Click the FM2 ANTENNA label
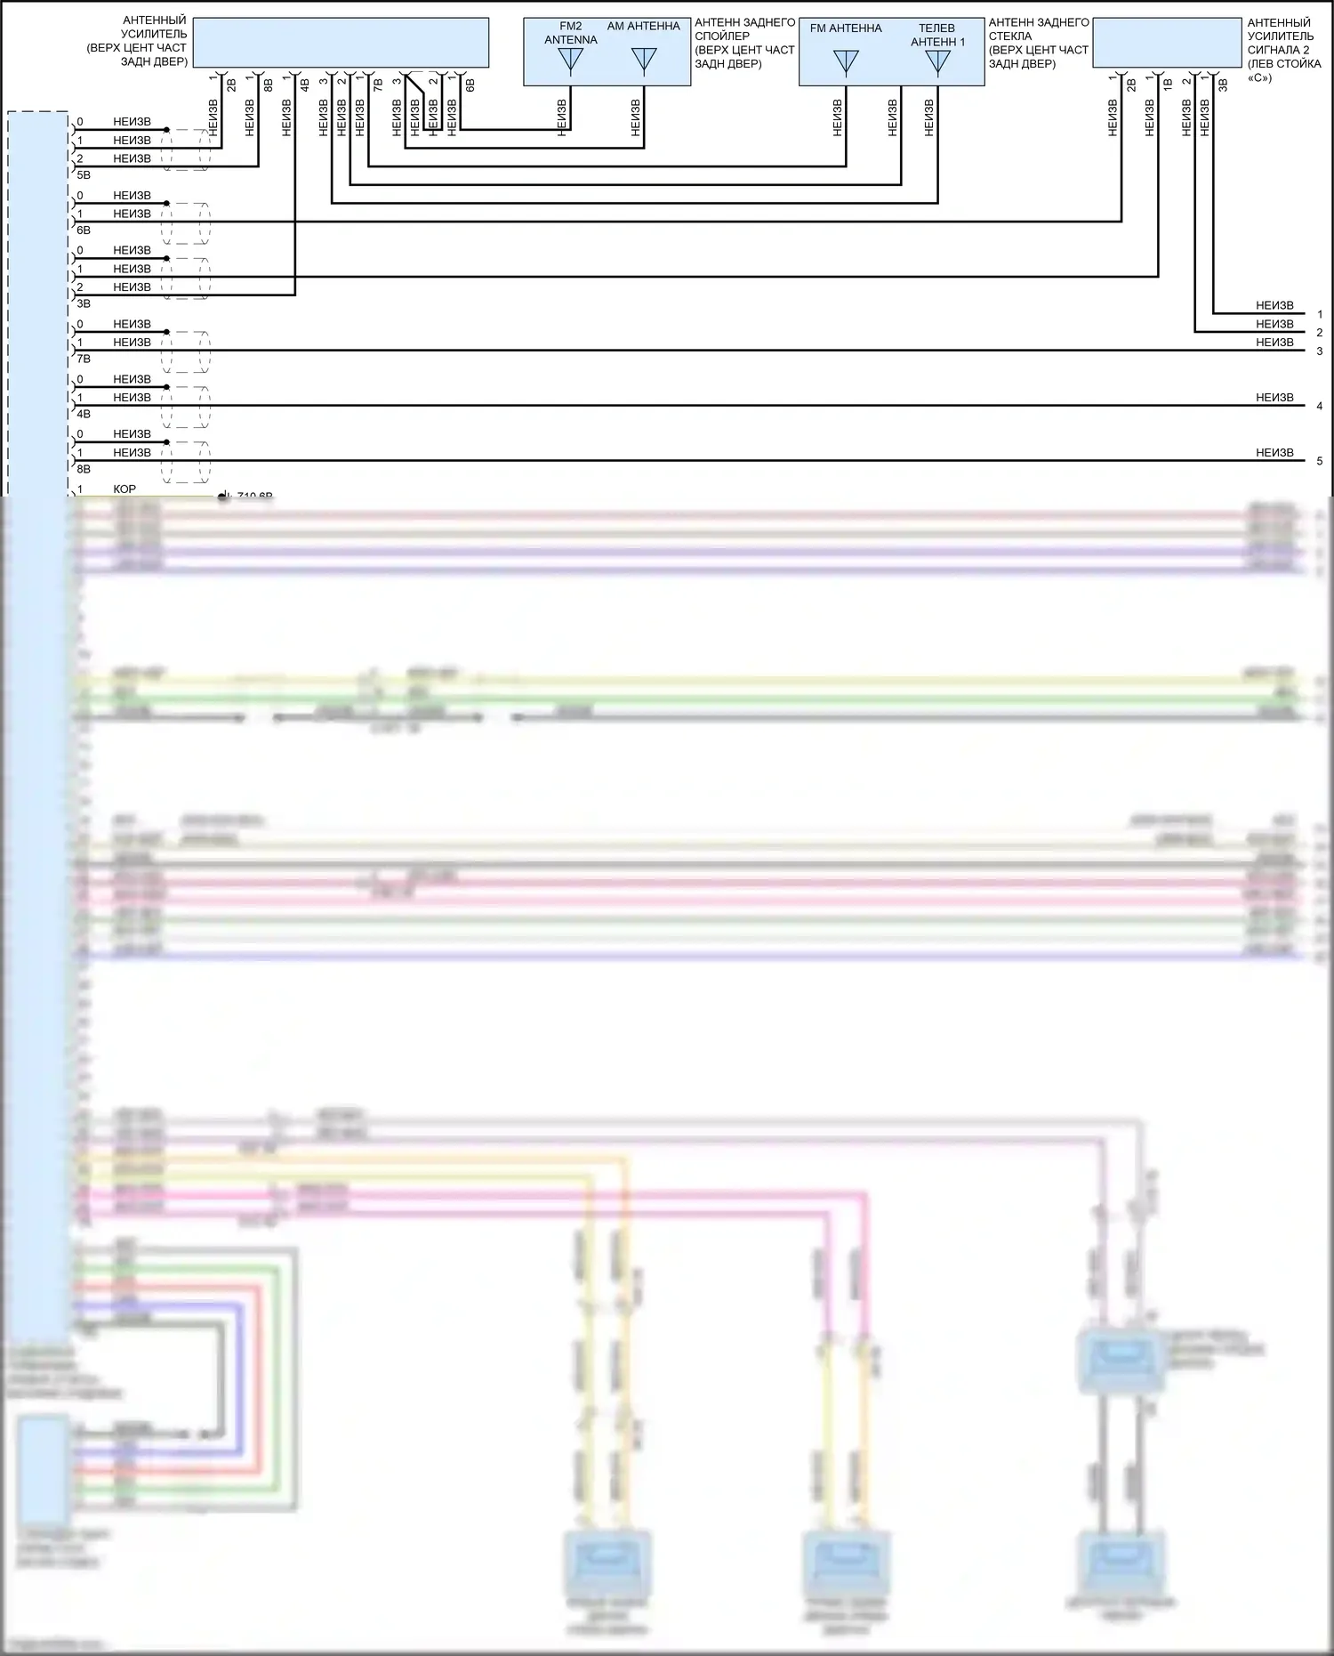click(570, 33)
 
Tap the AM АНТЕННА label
click(643, 27)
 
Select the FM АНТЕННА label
click(846, 28)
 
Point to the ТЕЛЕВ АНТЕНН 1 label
click(937, 35)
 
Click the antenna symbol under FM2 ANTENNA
click(570, 61)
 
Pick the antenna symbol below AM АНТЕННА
click(643, 61)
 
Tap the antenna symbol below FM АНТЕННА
click(846, 62)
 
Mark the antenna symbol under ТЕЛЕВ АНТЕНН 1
click(937, 62)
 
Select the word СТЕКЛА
click(1010, 36)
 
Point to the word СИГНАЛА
click(1278, 50)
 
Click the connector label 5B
click(84, 176)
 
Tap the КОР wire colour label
click(125, 489)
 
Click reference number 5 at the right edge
click(1320, 461)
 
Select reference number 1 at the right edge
click(1320, 314)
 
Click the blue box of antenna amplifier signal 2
click(1167, 43)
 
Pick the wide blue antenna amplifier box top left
click(341, 43)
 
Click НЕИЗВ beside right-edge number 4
click(1274, 398)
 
